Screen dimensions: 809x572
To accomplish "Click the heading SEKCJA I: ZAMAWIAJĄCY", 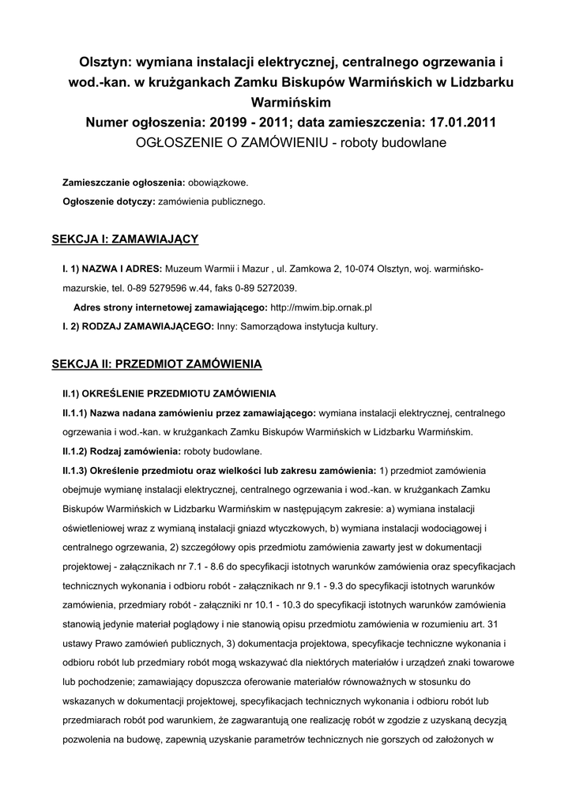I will [124, 238].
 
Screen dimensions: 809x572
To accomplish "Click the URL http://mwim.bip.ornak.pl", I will [321, 307].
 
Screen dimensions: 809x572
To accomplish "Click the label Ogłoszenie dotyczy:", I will [109, 201].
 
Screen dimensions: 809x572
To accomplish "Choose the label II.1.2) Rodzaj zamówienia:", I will [122, 451].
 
